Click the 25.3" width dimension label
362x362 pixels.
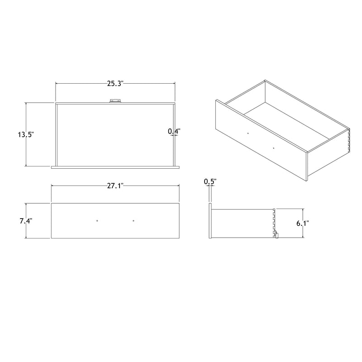tap(115, 83)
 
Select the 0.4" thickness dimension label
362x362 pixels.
tap(174, 131)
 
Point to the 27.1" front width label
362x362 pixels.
tap(115, 186)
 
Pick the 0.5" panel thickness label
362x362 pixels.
tap(210, 181)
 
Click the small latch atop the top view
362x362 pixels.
tap(115, 102)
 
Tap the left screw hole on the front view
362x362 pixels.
tap(97, 220)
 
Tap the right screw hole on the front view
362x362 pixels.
tap(134, 220)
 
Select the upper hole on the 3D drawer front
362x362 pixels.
tap(248, 133)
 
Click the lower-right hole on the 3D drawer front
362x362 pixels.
tap(274, 148)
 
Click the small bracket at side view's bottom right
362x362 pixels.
tap(276, 235)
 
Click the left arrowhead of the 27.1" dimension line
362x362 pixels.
tap(52, 186)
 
